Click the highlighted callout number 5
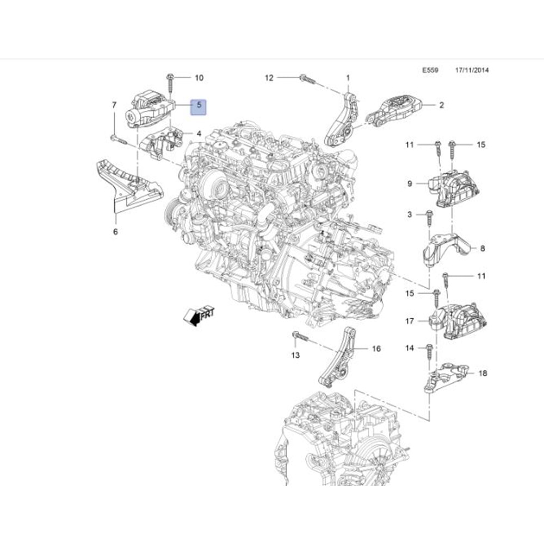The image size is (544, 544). click(x=199, y=106)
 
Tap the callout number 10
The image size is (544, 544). click(x=199, y=78)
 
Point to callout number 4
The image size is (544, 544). click(x=199, y=133)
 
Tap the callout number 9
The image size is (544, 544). click(x=410, y=184)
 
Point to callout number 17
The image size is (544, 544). click(x=410, y=322)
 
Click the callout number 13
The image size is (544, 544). click(x=295, y=356)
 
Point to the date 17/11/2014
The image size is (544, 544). click(x=472, y=70)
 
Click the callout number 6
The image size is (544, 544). click(x=115, y=232)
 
